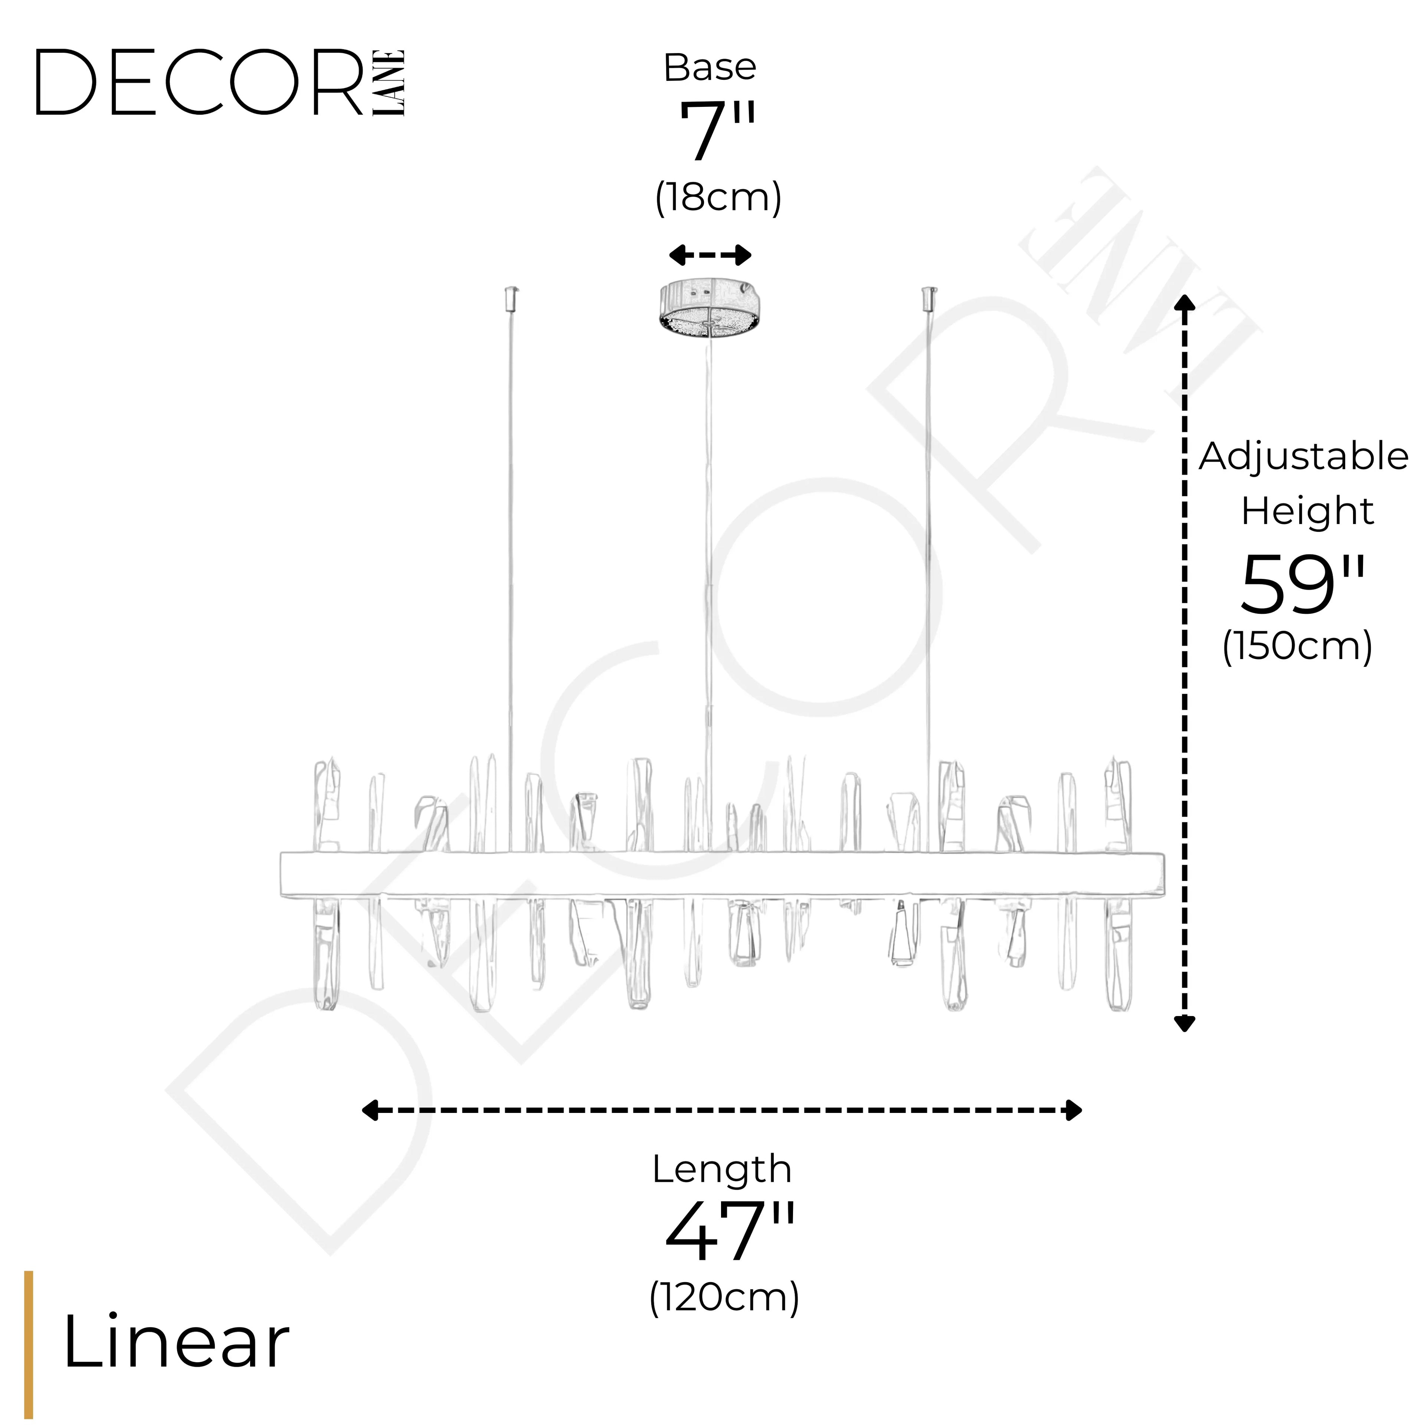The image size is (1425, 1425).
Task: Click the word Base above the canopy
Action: [710, 68]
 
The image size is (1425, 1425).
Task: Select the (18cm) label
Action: [718, 198]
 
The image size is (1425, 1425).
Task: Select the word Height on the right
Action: [1307, 511]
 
